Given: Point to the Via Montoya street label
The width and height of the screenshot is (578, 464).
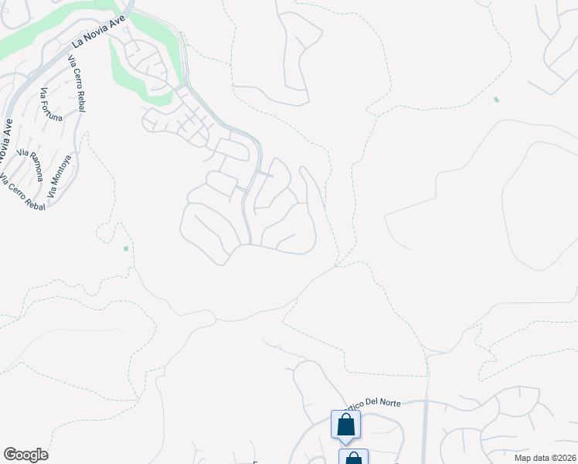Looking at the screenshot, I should click(60, 178).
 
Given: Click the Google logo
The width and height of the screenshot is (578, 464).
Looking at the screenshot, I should click(25, 455).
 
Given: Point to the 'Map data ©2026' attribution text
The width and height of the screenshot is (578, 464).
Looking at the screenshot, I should click(545, 457).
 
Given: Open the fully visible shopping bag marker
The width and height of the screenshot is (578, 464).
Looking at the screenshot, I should click(345, 424).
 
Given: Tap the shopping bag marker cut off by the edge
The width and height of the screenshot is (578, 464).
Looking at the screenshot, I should click(353, 458).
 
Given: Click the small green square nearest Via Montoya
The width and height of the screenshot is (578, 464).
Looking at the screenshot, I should click(126, 248).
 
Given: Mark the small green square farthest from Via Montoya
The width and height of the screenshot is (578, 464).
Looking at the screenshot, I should click(496, 100).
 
